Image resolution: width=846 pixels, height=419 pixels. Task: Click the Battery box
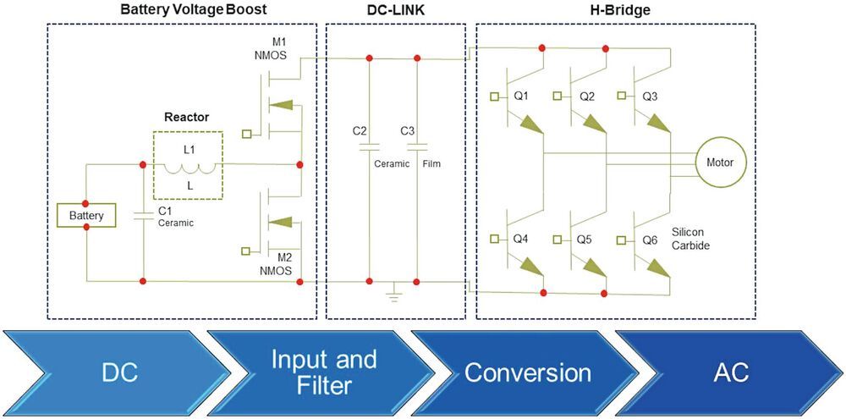86,216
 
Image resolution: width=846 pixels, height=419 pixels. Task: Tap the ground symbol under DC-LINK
393,295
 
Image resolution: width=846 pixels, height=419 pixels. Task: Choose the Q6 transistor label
650,240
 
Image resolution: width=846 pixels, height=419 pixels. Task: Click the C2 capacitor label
360,131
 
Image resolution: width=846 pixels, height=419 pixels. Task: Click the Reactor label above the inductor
187,117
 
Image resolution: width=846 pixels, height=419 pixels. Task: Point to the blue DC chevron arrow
110,372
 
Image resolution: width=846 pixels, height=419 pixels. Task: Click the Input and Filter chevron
311,372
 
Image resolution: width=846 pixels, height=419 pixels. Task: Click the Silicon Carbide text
690,238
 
